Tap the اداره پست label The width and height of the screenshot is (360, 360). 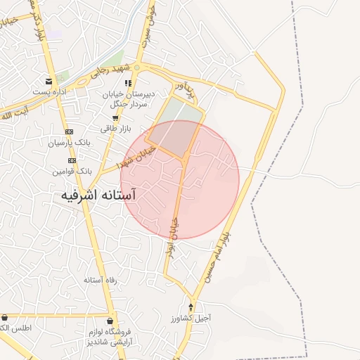pyautogui.click(x=51, y=93)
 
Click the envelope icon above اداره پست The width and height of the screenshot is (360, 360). pyautogui.click(x=49, y=82)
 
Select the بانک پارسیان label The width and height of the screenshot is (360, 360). pyautogui.click(x=69, y=143)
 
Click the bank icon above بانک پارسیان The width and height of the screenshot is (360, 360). pyautogui.click(x=69, y=131)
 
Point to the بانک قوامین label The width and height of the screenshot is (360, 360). pyautogui.click(x=72, y=171)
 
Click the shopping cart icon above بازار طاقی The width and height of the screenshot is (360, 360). pyautogui.click(x=115, y=118)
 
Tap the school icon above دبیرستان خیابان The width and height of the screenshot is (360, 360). pyautogui.click(x=128, y=83)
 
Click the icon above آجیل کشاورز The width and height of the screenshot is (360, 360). pyautogui.click(x=191, y=307)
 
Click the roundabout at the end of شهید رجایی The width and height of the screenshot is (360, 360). pyautogui.click(x=138, y=67)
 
